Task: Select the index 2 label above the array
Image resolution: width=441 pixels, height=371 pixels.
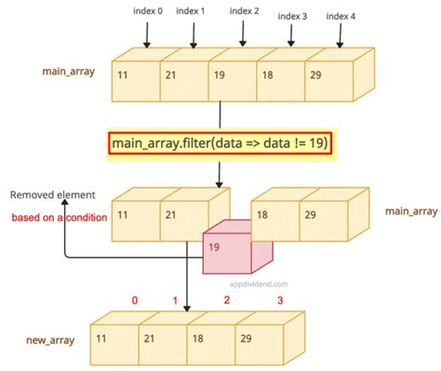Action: [x=244, y=11]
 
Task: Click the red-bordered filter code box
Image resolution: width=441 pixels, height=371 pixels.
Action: [x=219, y=144]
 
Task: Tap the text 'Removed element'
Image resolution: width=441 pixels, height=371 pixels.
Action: [x=52, y=195]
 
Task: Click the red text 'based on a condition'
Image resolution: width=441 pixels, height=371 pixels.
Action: [x=54, y=217]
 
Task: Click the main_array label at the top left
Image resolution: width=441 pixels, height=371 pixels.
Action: [x=66, y=71]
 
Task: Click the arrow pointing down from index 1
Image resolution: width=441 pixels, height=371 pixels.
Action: [x=194, y=34]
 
